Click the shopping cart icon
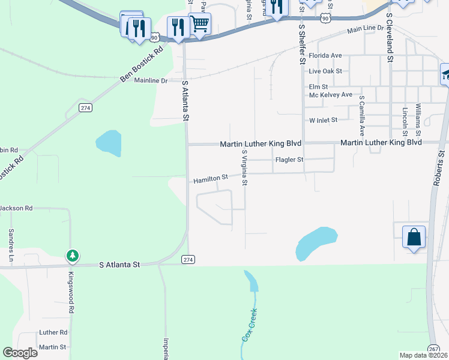(x=199, y=24)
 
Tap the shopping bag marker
(x=414, y=237)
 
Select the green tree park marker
(x=72, y=256)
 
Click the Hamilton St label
(x=211, y=178)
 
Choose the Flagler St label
(x=289, y=160)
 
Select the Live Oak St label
(x=325, y=71)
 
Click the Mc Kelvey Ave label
(x=330, y=95)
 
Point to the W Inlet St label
(x=324, y=120)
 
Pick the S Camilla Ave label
(x=362, y=115)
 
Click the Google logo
(x=20, y=353)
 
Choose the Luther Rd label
(x=53, y=332)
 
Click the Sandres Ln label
(x=11, y=246)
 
